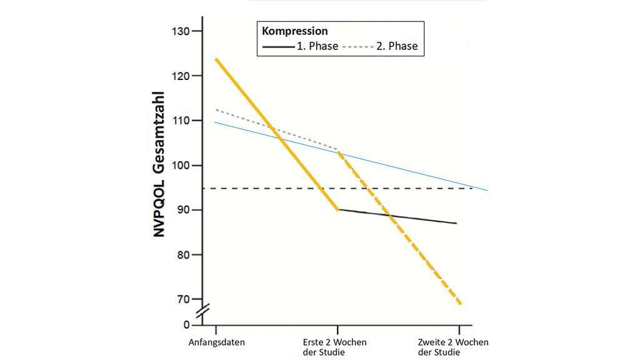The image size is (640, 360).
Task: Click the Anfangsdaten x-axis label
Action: coord(216,342)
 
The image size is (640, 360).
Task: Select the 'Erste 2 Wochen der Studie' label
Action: coord(337,347)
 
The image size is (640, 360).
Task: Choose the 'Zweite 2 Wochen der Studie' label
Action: coord(452,347)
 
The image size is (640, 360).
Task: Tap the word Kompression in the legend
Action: coord(295,31)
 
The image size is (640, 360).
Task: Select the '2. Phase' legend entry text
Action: coord(397,46)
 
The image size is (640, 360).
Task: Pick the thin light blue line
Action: coord(412,169)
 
